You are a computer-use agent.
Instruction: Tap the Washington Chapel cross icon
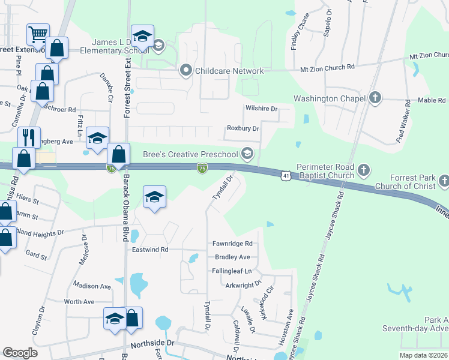click(376, 98)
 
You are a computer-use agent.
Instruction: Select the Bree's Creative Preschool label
click(190, 154)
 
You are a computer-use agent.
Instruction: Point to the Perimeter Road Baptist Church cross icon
click(363, 171)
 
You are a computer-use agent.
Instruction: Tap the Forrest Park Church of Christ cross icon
click(444, 180)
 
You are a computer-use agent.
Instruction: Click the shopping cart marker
click(38, 34)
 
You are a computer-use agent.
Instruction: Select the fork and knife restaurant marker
click(29, 137)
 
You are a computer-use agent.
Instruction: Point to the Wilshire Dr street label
click(262, 109)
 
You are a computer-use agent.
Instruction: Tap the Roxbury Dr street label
click(243, 128)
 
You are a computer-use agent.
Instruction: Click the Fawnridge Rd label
click(232, 244)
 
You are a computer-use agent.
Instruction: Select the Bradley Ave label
click(232, 257)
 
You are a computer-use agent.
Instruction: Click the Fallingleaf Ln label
click(232, 271)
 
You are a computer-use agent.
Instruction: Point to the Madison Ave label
click(92, 286)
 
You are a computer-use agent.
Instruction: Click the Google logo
click(20, 353)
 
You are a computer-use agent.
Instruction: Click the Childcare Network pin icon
click(186, 71)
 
